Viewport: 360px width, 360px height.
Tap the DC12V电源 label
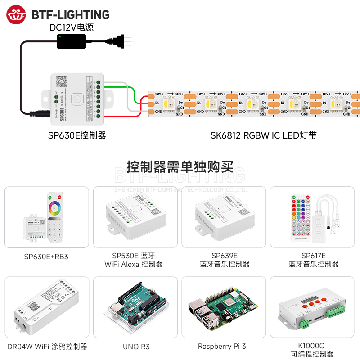coord(72,27)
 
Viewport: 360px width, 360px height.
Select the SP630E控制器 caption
coord(77,135)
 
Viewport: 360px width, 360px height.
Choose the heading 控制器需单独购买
coord(180,167)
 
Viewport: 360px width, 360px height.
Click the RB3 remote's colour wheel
coord(55,208)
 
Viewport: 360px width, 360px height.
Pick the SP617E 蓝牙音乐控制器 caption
coord(314,260)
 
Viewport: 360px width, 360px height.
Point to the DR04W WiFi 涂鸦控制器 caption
coord(47,346)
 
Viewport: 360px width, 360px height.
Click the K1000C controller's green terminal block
coord(305,323)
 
